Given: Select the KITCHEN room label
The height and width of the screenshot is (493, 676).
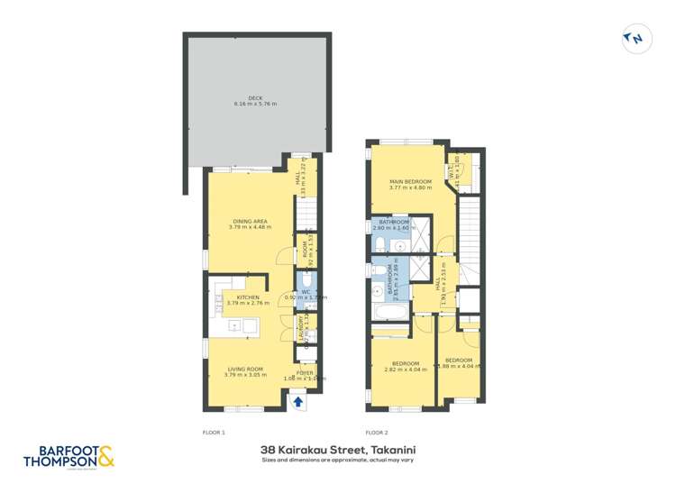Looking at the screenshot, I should point(248,297).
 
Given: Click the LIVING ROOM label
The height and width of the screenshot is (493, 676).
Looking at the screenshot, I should point(244,368).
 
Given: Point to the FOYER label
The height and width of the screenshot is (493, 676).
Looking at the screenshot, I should point(305,372).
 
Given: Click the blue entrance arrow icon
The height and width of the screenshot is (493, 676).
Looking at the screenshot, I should point(298,404).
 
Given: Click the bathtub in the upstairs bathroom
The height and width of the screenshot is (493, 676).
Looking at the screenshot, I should point(388,314).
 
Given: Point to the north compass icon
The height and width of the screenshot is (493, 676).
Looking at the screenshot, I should point(635,38).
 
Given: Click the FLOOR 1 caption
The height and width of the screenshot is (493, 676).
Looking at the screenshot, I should point(215,433).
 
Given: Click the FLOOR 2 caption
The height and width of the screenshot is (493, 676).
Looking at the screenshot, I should point(377,433).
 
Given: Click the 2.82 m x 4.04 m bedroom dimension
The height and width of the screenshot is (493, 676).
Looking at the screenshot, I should point(402,369).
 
